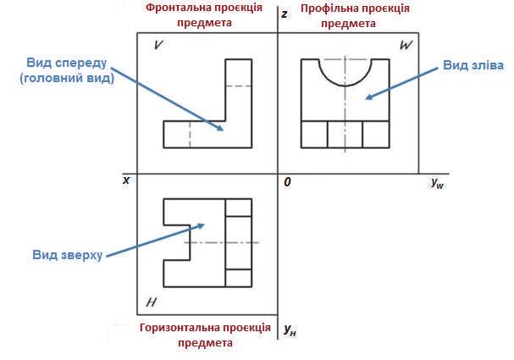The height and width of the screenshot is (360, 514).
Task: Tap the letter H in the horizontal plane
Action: (x=150, y=302)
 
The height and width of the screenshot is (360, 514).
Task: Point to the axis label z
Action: (x=285, y=14)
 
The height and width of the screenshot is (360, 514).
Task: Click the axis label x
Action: (x=126, y=180)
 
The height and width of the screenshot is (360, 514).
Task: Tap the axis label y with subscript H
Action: (x=290, y=329)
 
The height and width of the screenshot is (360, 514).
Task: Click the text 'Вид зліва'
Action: (x=473, y=65)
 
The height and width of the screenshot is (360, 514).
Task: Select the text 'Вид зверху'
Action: (x=67, y=254)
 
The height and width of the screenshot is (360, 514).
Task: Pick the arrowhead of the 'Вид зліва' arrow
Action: (x=365, y=99)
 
